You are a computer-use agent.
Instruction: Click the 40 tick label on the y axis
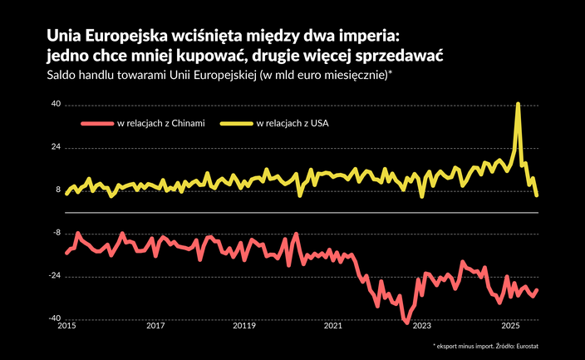click(56, 105)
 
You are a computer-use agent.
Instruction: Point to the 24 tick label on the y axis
click(56, 148)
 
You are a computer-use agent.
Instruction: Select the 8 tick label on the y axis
click(58, 190)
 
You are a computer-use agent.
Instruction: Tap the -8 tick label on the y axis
click(57, 233)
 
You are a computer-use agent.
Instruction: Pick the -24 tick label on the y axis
click(55, 276)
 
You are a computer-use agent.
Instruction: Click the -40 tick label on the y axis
click(55, 318)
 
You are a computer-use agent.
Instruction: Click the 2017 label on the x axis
click(155, 327)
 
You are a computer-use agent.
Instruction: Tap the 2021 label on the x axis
click(332, 327)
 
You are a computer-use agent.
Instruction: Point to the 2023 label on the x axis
click(421, 327)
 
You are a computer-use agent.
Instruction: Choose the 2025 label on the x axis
click(510, 327)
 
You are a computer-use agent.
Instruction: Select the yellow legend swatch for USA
click(236, 125)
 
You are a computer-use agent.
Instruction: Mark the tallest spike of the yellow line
click(519, 104)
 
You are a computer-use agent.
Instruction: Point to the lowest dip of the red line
click(407, 323)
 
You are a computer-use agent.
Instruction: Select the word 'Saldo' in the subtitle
click(62, 76)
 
